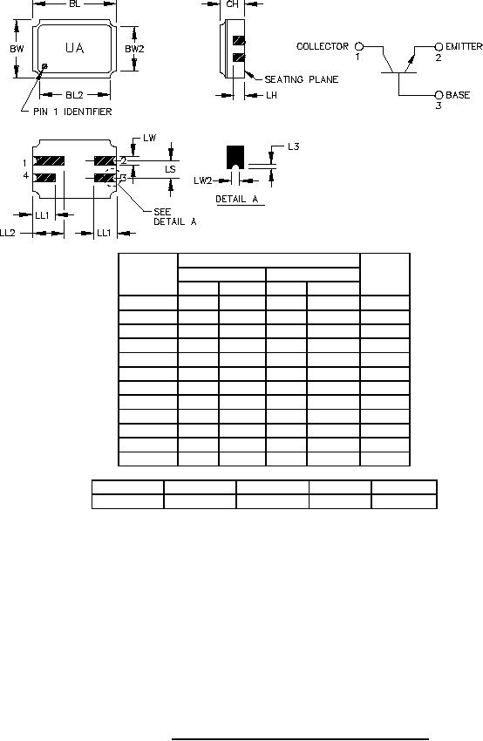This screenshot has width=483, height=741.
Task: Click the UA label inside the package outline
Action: pos(75,48)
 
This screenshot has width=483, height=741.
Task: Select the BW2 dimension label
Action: pos(134,49)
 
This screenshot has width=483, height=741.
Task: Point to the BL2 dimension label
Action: pos(74,95)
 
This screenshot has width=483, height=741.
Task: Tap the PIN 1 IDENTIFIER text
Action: pos(72,112)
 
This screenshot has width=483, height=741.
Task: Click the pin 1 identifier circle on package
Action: pos(44,66)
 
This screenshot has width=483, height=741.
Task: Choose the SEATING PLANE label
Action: pos(301,79)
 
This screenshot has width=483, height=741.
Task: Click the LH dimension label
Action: pos(271,96)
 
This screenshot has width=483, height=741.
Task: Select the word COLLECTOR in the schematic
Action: pos(323,46)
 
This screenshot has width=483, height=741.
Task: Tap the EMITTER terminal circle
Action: pos(439,47)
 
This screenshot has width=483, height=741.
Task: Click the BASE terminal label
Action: pos(458,95)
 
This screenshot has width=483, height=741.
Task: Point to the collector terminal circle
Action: pos(359,46)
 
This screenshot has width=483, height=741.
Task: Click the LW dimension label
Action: pos(149,138)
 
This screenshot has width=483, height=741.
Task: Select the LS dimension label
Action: pos(170,169)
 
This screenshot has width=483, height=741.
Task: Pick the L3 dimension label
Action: pos(293,146)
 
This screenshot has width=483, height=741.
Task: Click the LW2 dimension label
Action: pos(203,180)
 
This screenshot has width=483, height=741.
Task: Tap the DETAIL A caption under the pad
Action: pos(237,199)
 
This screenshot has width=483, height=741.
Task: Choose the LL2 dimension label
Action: pos(8,233)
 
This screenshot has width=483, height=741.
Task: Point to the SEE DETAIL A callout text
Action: pos(175,217)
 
